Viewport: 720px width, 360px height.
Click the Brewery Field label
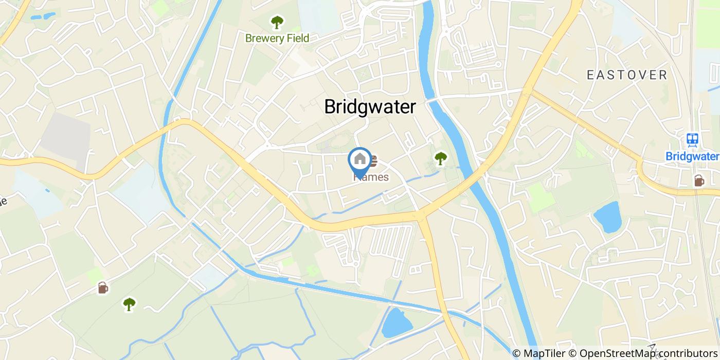(x=277, y=38)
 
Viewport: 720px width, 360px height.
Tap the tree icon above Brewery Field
(x=277, y=22)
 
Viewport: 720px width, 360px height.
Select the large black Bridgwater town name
(x=370, y=107)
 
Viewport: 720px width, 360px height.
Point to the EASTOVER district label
(x=627, y=75)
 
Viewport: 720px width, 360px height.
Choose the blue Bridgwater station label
(x=692, y=156)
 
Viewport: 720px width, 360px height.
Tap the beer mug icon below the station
(x=699, y=181)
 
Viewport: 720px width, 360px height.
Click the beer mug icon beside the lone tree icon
(x=103, y=287)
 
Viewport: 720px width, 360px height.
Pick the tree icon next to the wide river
(x=440, y=158)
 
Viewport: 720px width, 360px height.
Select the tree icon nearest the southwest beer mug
(x=129, y=304)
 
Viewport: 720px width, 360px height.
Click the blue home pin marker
(x=360, y=159)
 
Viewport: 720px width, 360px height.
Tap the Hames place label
(x=371, y=177)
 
